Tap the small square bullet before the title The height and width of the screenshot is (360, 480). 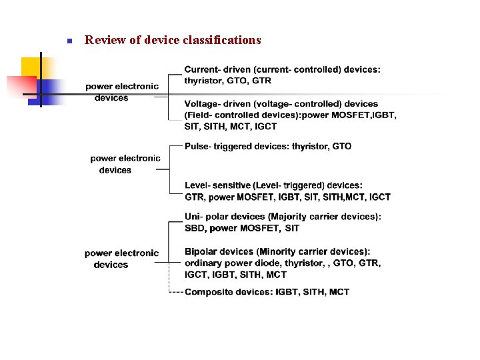click(x=69, y=41)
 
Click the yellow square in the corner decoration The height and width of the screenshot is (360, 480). click(x=31, y=67)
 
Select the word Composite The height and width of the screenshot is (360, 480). click(x=207, y=292)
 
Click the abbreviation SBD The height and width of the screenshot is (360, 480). click(x=195, y=228)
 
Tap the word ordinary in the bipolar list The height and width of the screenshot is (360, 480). click(x=203, y=263)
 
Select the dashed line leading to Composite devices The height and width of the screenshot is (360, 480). click(x=176, y=292)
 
